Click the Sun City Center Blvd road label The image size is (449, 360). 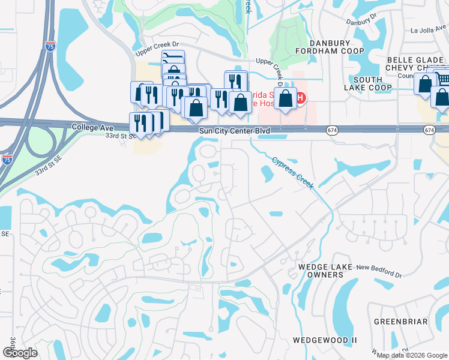(x=231, y=130)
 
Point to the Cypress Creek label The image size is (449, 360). (x=293, y=173)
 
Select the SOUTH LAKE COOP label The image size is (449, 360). (x=368, y=83)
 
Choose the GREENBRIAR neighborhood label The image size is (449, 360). (x=400, y=322)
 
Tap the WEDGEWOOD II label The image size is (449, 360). (x=325, y=340)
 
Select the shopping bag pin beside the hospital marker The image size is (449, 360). (x=287, y=98)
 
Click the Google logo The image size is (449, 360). (x=20, y=352)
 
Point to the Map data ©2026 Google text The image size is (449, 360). (x=411, y=355)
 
